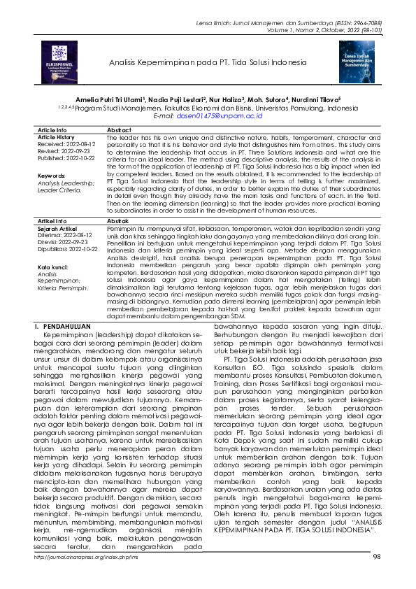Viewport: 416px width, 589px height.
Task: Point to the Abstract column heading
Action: coord(121,130)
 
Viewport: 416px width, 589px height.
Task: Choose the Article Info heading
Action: coord(52,130)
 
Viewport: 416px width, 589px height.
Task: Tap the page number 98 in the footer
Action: coord(376,576)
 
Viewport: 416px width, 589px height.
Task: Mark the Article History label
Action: coord(55,137)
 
